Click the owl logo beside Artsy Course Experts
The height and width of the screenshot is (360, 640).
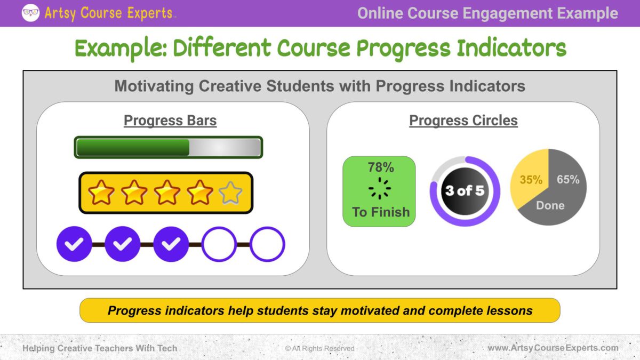click(x=30, y=13)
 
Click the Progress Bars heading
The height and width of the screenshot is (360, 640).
click(x=170, y=121)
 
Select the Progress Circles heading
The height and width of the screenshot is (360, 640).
click(x=463, y=121)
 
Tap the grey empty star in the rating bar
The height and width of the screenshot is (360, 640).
click(x=230, y=193)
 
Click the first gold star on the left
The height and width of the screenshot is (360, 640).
click(x=101, y=193)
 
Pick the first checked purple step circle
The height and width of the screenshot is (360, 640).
click(x=74, y=244)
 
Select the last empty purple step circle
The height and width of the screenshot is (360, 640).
click(x=267, y=244)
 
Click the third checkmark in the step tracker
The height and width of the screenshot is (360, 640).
click(x=171, y=244)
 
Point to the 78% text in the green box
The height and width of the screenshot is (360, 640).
click(x=381, y=167)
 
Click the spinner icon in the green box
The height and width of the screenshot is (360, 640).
click(x=379, y=188)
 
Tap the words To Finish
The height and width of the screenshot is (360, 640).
click(x=381, y=212)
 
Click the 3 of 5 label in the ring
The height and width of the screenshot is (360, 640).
click(x=465, y=190)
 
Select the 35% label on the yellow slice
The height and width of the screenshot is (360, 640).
click(x=531, y=180)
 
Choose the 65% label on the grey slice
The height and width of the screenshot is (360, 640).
click(x=568, y=179)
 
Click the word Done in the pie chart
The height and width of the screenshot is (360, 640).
click(x=550, y=205)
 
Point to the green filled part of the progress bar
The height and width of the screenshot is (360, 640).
click(x=133, y=147)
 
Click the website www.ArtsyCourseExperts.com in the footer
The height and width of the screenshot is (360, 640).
click(x=553, y=348)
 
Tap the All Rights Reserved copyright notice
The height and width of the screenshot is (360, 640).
click(x=319, y=348)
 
